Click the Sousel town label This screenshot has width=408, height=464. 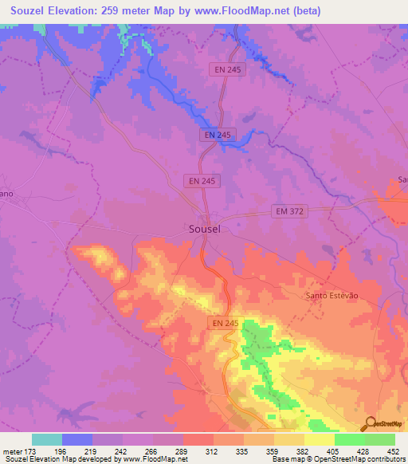[205, 228]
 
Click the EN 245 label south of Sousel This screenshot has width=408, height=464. [226, 323]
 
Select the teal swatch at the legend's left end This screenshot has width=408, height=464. [47, 439]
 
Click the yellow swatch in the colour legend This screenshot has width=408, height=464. [319, 439]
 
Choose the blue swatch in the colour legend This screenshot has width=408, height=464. [77, 439]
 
